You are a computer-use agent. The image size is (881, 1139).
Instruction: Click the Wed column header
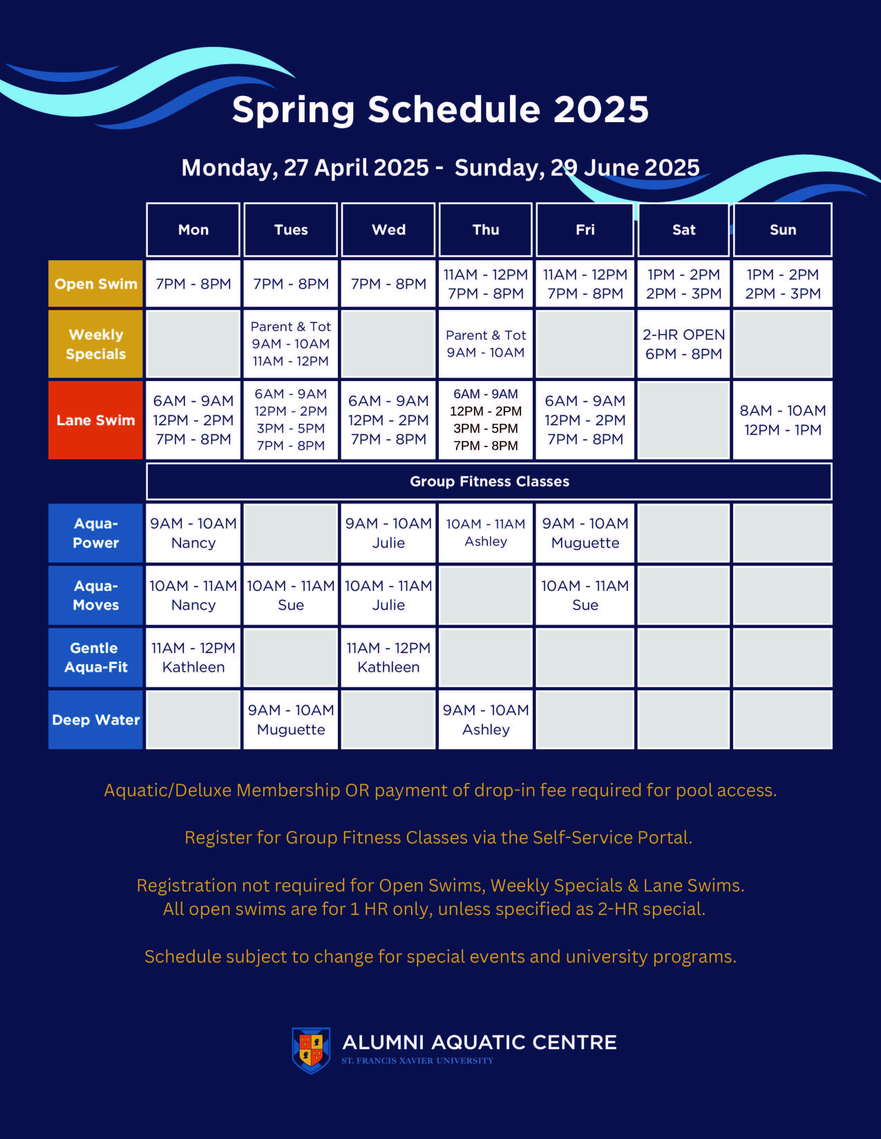pyautogui.click(x=388, y=230)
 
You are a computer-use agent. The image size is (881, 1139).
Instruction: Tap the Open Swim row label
pyautogui.click(x=95, y=284)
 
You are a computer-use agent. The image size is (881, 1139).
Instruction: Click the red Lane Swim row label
pyautogui.click(x=95, y=420)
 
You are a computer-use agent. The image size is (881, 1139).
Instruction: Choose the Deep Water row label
pyautogui.click(x=95, y=720)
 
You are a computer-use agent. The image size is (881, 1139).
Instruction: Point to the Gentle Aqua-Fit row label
pyautogui.click(x=95, y=657)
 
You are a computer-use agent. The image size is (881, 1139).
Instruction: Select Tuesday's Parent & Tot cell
pyautogui.click(x=291, y=344)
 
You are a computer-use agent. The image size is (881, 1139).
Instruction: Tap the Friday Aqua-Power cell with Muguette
pyautogui.click(x=585, y=533)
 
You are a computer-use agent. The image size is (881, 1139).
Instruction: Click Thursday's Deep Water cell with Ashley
pyautogui.click(x=485, y=720)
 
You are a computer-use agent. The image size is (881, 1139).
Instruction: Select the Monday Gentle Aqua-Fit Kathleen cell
pyautogui.click(x=193, y=657)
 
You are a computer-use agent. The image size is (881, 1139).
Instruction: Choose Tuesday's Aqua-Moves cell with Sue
pyautogui.click(x=291, y=595)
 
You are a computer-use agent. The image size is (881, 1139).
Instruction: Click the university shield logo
pyautogui.click(x=311, y=1050)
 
